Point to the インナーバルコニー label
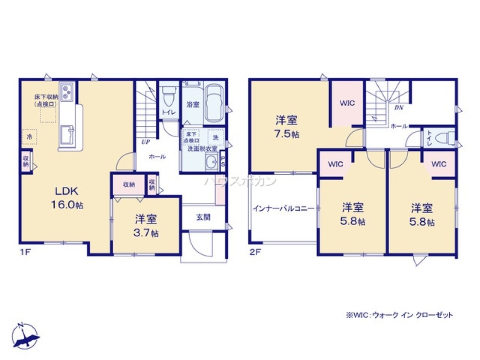coord(284,209)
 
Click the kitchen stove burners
coord(67,92)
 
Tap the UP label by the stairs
coord(144,142)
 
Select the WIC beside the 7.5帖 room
coord(347,103)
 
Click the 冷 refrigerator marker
coord(29,137)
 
